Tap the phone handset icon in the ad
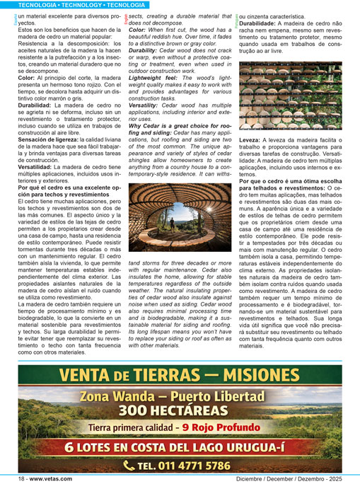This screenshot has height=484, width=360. pos(129,465)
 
